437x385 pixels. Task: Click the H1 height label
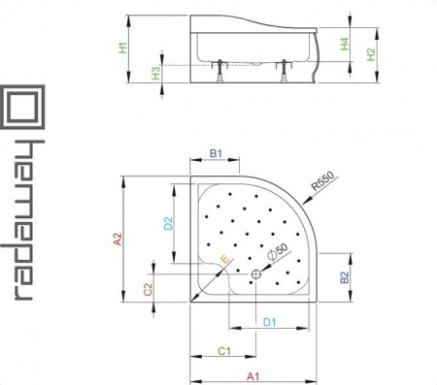point(123,48)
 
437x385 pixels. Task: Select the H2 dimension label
point(371,54)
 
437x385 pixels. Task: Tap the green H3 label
point(156,73)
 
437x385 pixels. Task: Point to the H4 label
point(345,44)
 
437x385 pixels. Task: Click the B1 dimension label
point(216,153)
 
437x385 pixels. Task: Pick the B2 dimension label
point(345,277)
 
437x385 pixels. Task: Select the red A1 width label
point(253,376)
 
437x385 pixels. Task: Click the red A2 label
point(118,240)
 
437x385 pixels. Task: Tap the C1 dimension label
point(224,351)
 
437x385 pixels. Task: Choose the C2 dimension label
point(148,290)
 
